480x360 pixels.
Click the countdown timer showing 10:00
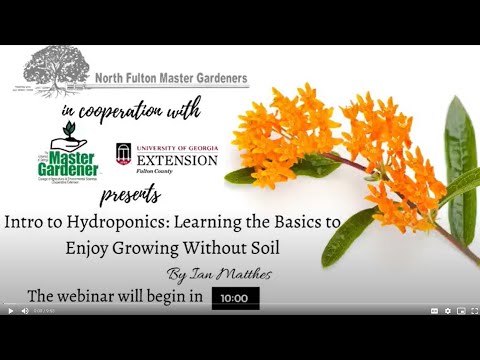pos(235,298)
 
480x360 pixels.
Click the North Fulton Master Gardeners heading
pos(172,78)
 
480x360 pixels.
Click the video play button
pos(11,311)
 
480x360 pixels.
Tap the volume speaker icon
pos(26,311)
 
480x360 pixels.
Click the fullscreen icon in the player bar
pos(472,311)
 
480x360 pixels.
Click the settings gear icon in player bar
pos(447,311)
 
